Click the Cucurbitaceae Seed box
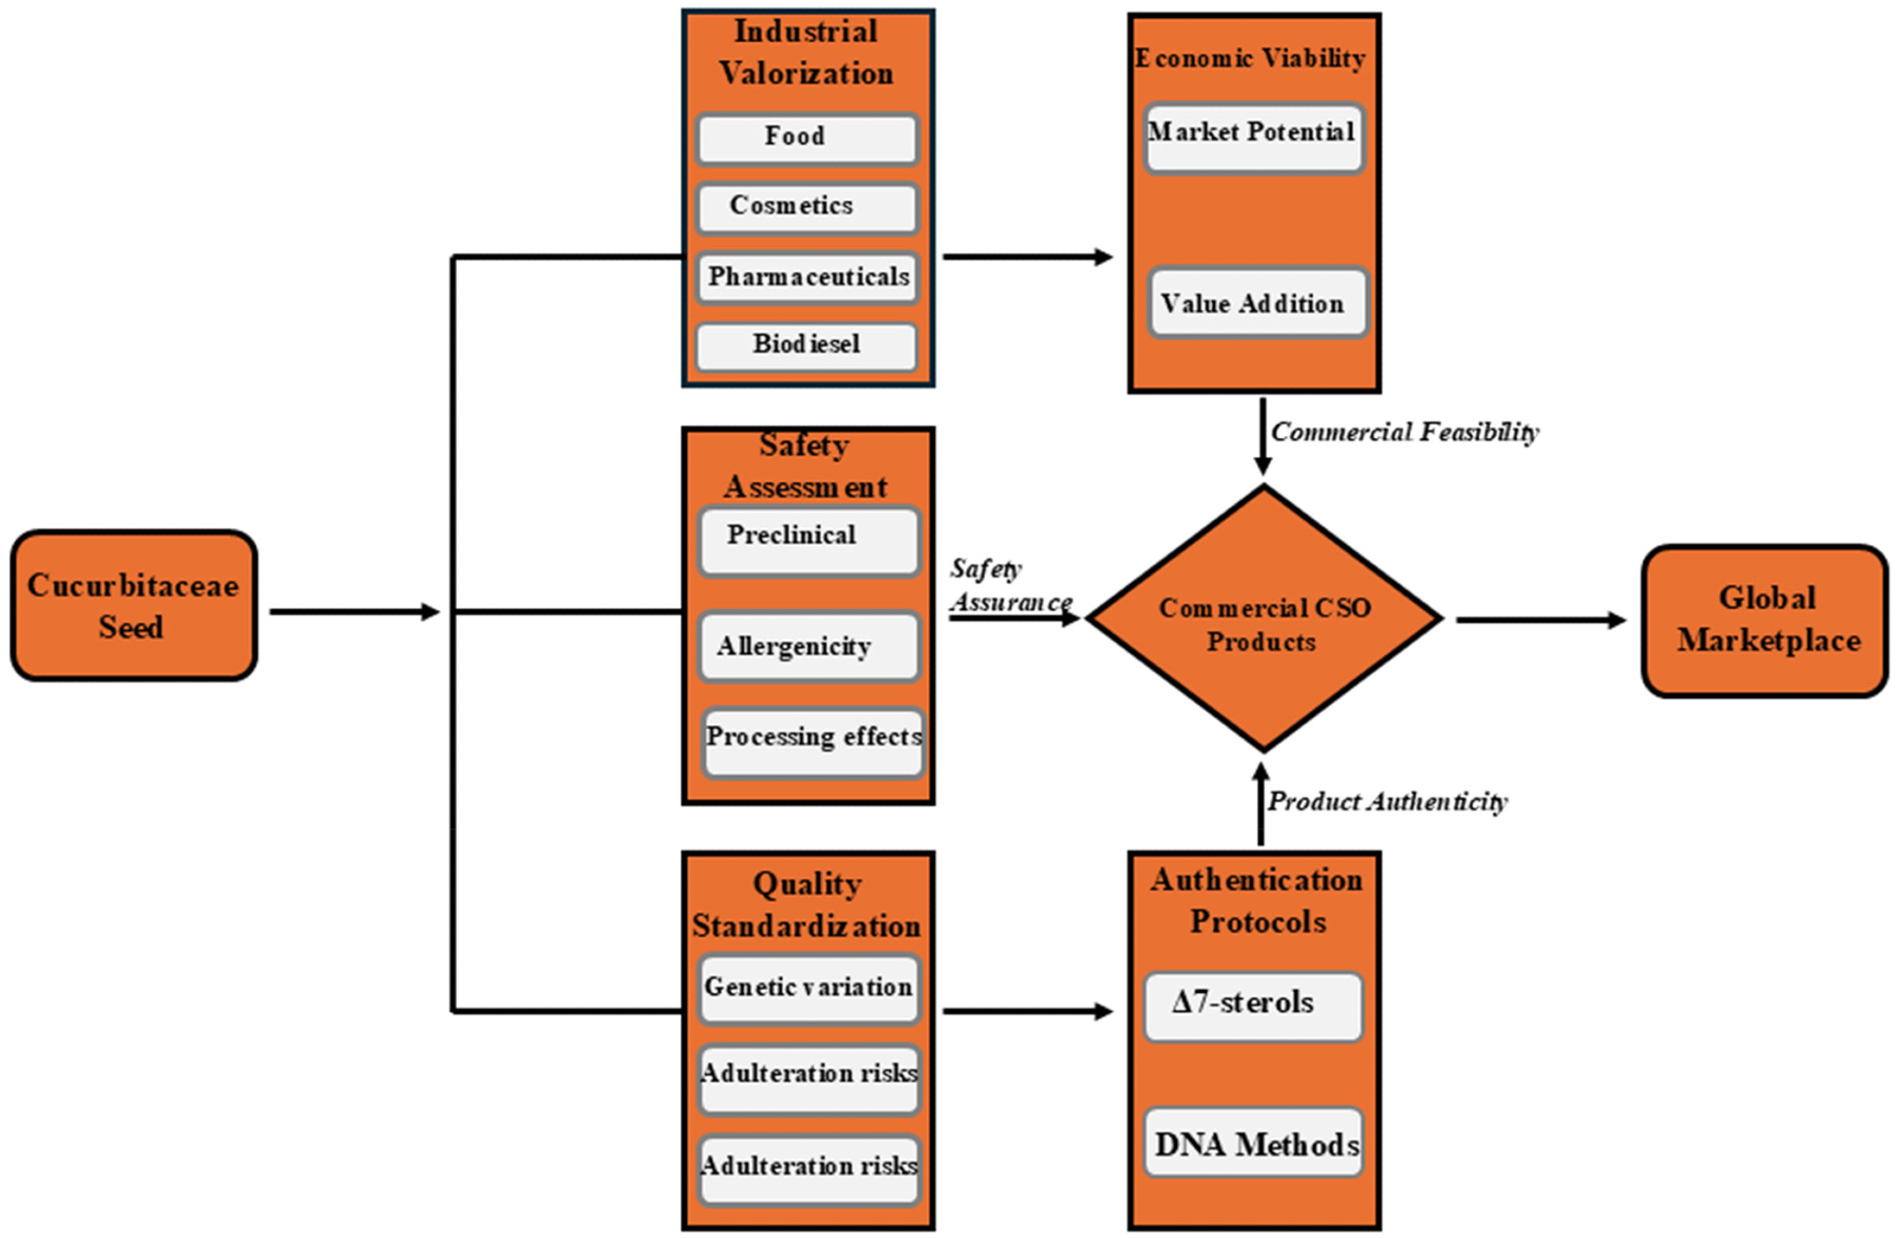134,606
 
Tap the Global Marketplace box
1765,620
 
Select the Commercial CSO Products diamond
1263,620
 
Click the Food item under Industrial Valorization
807,138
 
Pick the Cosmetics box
807,207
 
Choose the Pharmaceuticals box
807,277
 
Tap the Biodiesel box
807,345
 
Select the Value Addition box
1257,303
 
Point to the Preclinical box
809,542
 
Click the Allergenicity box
809,647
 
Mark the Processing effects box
813,741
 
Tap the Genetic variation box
809,989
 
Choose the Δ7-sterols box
1253,1005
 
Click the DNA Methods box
1254,1143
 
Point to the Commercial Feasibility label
1404,432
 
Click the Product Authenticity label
1387,802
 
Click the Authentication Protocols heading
1256,900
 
